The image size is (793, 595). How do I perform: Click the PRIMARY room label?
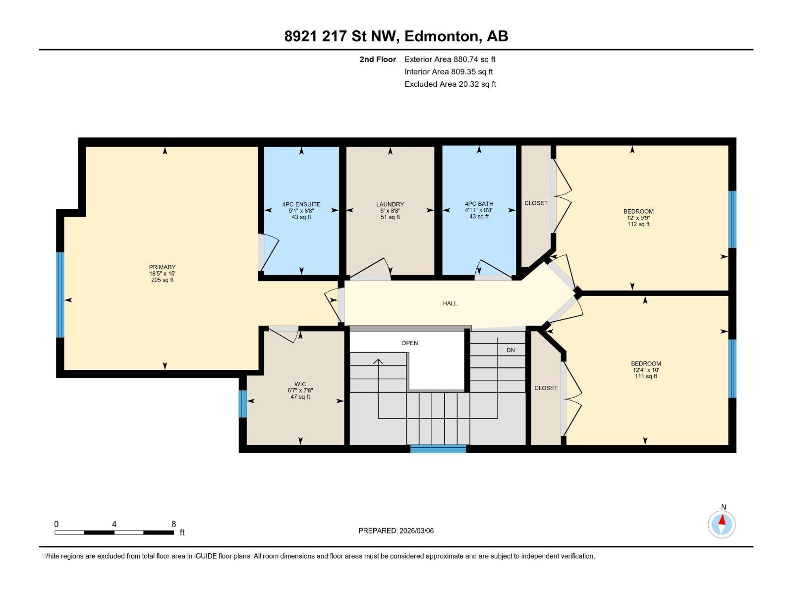tap(162, 267)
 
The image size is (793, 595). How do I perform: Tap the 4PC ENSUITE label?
tap(301, 204)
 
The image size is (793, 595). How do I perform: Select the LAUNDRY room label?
tap(390, 204)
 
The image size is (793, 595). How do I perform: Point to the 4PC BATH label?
tap(479, 204)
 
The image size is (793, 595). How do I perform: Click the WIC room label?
tap(300, 384)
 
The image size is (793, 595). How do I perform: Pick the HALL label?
tap(450, 303)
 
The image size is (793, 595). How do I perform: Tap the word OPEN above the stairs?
tap(410, 343)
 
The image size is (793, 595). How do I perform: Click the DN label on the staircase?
tap(510, 350)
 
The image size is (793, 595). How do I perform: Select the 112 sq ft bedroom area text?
tap(638, 224)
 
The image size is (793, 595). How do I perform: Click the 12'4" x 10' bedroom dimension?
tap(646, 370)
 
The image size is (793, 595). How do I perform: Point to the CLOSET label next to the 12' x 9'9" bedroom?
tap(536, 203)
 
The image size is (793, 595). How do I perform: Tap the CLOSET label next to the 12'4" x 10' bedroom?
tap(546, 388)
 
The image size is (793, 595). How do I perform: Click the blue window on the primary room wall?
tap(60, 295)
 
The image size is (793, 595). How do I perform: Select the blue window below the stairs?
tap(438, 449)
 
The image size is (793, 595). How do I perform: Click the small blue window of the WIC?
tap(242, 404)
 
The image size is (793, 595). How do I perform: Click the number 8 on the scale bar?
tap(173, 524)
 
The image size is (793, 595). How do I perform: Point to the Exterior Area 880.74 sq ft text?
tap(450, 59)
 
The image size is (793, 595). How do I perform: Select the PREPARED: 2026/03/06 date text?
tap(396, 531)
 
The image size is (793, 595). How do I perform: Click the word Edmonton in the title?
tap(442, 36)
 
